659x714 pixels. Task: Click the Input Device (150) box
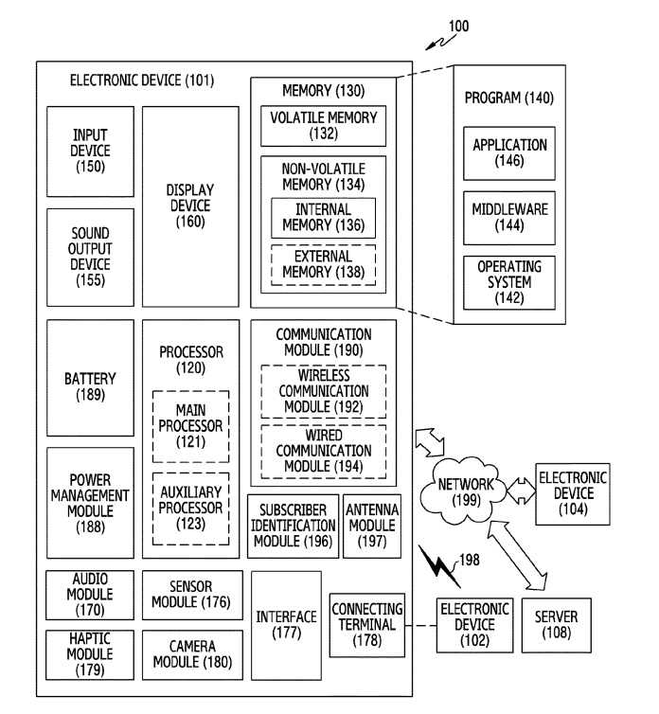coord(90,152)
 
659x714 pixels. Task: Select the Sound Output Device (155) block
coord(90,257)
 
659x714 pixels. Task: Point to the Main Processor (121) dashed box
coord(190,425)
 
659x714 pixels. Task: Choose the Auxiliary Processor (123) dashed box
coord(190,508)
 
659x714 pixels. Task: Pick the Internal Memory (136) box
coord(323,218)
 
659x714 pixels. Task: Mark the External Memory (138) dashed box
coord(323,264)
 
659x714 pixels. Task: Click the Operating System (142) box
coord(510,282)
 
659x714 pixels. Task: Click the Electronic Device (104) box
coord(573,494)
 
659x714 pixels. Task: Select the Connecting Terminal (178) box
coord(367,624)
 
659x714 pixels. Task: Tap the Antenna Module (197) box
coord(371,526)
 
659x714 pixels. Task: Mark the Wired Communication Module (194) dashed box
coord(322,451)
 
